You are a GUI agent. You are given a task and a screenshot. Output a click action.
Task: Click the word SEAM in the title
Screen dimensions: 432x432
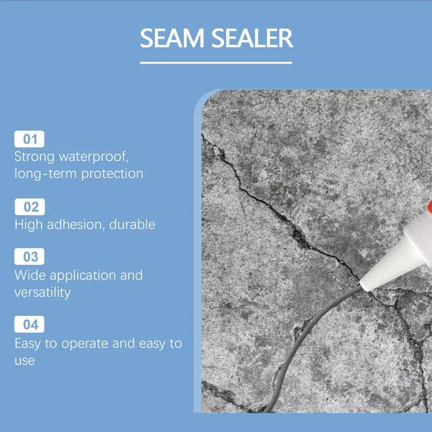172,38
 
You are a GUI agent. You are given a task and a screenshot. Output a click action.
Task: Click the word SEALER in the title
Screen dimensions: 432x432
252,38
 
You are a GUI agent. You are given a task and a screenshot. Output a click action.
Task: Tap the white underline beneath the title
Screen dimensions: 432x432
216,63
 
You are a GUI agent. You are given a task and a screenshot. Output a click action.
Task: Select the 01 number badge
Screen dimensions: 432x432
29,139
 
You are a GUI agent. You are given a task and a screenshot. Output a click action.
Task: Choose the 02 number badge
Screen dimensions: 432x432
30,207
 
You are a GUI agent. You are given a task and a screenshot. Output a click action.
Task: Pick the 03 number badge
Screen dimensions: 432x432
29,256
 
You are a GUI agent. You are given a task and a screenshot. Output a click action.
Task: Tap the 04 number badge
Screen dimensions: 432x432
29,325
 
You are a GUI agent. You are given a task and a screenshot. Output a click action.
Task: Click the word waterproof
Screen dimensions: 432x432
93,157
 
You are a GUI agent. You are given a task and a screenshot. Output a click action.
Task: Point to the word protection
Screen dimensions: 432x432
112,174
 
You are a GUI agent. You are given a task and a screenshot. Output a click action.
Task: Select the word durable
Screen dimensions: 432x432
132,224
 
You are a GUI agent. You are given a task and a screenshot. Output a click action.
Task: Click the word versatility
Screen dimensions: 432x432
43,292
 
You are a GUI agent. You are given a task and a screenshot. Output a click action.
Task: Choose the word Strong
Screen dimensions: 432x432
35,157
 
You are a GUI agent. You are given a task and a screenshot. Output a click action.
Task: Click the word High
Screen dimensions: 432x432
29,224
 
